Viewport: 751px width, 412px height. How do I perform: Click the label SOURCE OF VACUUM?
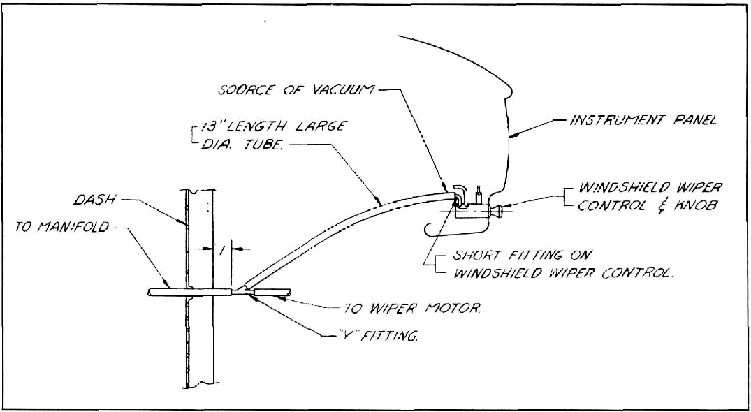coord(296,91)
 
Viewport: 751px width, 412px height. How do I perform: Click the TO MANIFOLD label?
coord(62,228)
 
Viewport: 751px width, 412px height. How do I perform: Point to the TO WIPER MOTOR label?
coord(411,309)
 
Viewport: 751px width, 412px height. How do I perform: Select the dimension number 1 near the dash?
coord(220,249)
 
